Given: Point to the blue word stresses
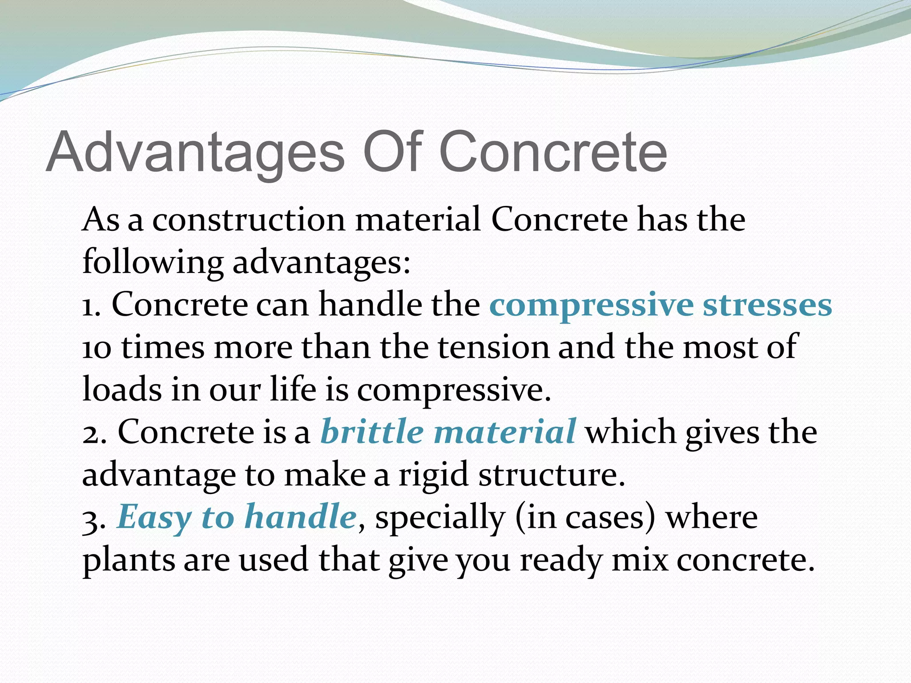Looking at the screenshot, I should [767, 306].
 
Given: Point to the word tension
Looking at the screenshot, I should [494, 347].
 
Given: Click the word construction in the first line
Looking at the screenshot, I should [249, 220].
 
